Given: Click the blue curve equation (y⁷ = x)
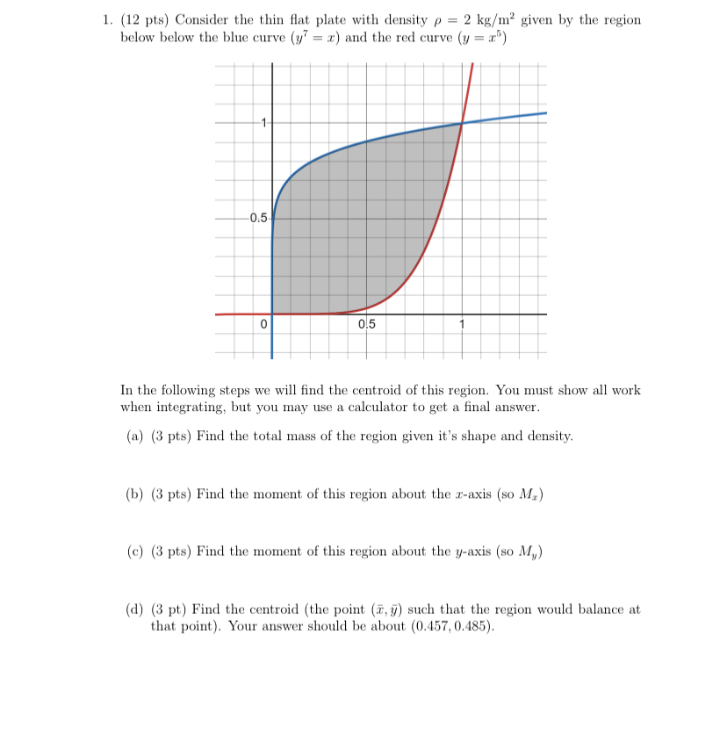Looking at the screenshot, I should click(309, 40).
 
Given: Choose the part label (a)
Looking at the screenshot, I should click(131, 437).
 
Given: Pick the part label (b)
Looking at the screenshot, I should click(131, 494).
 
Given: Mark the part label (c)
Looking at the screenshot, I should click(131, 552).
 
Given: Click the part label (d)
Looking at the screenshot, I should click(131, 610).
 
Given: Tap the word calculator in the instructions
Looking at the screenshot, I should click(406, 408).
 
